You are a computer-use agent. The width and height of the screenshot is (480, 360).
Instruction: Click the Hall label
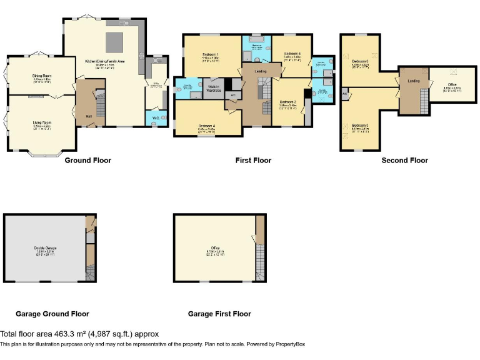point(88,116)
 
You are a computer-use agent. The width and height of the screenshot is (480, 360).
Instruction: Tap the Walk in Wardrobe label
point(212,89)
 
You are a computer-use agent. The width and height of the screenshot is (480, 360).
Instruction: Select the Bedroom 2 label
point(287,101)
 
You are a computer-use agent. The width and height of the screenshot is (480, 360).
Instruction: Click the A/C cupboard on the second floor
point(345,93)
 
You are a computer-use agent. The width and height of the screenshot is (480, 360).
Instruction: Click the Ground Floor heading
point(88,161)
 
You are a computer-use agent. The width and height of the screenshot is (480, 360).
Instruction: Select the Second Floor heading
point(404,161)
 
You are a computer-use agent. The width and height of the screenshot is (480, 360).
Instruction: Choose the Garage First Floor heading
point(219,314)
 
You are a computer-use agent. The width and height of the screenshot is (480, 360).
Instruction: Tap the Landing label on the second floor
point(413,81)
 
